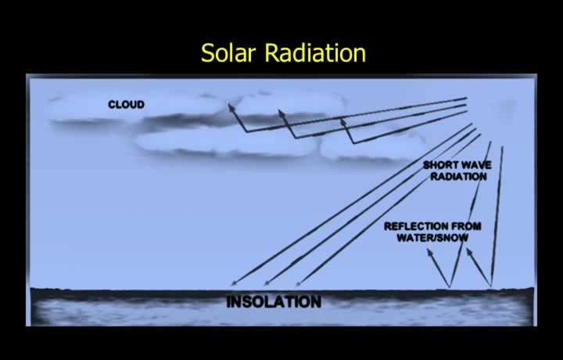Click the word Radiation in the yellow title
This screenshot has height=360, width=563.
[315, 53]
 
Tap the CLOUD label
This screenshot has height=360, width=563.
[127, 105]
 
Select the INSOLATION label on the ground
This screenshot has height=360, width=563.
[274, 302]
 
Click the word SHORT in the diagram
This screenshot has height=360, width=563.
[439, 165]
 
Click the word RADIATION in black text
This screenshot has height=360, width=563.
[458, 176]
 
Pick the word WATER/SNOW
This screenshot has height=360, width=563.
[432, 237]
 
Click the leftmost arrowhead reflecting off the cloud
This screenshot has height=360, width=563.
[231, 107]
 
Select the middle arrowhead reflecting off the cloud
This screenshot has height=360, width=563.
[281, 114]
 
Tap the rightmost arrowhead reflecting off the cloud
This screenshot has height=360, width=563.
[343, 122]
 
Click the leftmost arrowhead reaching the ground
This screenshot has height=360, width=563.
[235, 283]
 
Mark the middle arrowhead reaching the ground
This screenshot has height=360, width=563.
[267, 283]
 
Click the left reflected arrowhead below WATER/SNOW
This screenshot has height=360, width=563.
[430, 254]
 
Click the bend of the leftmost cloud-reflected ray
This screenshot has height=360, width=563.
[246, 131]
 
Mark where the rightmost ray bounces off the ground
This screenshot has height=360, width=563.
[491, 286]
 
